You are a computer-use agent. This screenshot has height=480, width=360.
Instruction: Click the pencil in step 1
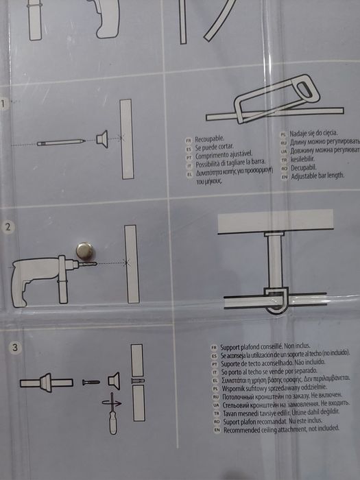[62, 142]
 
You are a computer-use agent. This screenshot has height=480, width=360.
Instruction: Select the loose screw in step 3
[91, 381]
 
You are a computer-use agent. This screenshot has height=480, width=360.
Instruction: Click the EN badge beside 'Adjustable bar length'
[283, 176]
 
